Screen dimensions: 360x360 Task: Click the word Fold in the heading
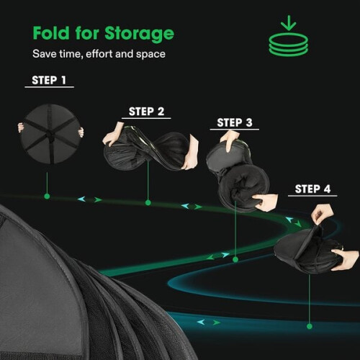click(51, 33)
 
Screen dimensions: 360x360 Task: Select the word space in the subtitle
click(150, 55)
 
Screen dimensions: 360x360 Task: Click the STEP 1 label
click(49, 80)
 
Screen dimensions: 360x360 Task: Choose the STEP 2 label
click(146, 112)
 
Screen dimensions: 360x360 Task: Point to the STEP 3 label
click(235, 122)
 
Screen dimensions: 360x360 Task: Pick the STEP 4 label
click(312, 189)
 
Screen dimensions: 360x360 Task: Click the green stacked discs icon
click(288, 45)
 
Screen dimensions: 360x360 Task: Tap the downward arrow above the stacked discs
click(289, 23)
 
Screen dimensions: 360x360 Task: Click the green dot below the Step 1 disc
click(47, 197)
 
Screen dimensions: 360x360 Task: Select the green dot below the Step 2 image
click(148, 203)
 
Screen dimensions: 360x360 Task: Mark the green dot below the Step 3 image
click(235, 259)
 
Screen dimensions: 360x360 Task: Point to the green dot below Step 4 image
click(310, 326)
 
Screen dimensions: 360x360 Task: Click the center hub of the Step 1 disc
click(50, 134)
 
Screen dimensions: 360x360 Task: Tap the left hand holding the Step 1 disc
click(21, 127)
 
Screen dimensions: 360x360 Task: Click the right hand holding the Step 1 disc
click(81, 132)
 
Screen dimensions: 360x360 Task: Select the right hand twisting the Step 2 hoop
click(191, 153)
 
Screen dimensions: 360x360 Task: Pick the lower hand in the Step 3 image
click(266, 202)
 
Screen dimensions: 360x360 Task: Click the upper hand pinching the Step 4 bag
click(322, 215)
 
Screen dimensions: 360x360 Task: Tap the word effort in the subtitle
click(99, 54)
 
